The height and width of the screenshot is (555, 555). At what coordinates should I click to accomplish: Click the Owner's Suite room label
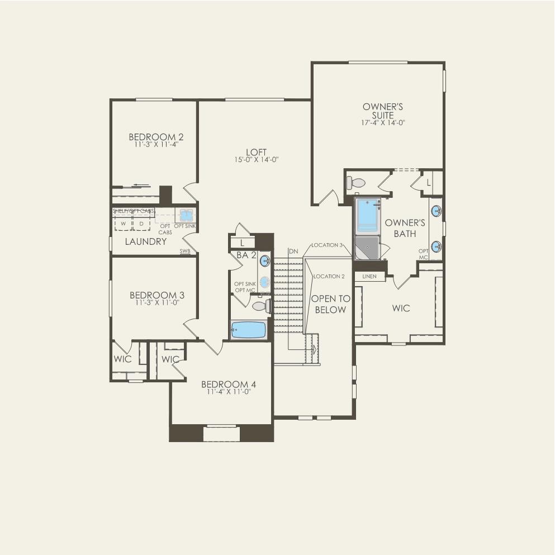click(383, 111)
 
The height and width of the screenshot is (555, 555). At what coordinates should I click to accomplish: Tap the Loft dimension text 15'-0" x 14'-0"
click(257, 160)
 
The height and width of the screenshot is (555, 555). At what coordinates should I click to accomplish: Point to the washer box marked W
click(123, 223)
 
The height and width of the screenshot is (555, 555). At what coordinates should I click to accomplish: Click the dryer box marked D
click(141, 223)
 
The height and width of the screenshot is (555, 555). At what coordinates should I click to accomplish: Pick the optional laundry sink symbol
click(186, 215)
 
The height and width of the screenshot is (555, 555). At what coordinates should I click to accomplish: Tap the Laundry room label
click(145, 241)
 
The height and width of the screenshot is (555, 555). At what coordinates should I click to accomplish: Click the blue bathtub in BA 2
click(249, 330)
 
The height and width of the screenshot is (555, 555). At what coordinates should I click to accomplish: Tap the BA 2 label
click(243, 255)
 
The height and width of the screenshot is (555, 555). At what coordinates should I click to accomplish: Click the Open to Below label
click(330, 304)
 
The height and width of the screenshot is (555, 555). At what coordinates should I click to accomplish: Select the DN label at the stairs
click(293, 252)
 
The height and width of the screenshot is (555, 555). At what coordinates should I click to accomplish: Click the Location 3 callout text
click(327, 245)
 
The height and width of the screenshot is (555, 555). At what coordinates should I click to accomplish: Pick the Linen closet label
click(369, 276)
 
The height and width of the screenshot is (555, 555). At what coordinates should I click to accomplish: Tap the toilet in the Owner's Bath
click(355, 182)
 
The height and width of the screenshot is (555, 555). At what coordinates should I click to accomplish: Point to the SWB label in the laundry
click(185, 252)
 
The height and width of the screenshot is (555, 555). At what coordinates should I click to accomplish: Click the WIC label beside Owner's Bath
click(401, 308)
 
